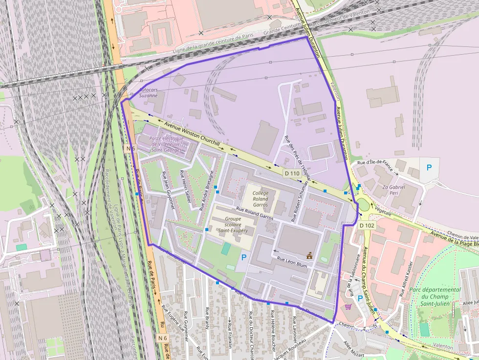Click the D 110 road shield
pos(292,173)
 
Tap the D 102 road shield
pos(367,226)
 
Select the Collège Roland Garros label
pos(260,199)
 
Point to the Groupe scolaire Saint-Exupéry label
pos(236,225)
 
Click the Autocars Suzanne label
pos(148,93)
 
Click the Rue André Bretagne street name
pos(207,190)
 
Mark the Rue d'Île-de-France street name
pos(375,162)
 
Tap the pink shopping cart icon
pos(348,307)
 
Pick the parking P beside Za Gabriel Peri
pos(429,168)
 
